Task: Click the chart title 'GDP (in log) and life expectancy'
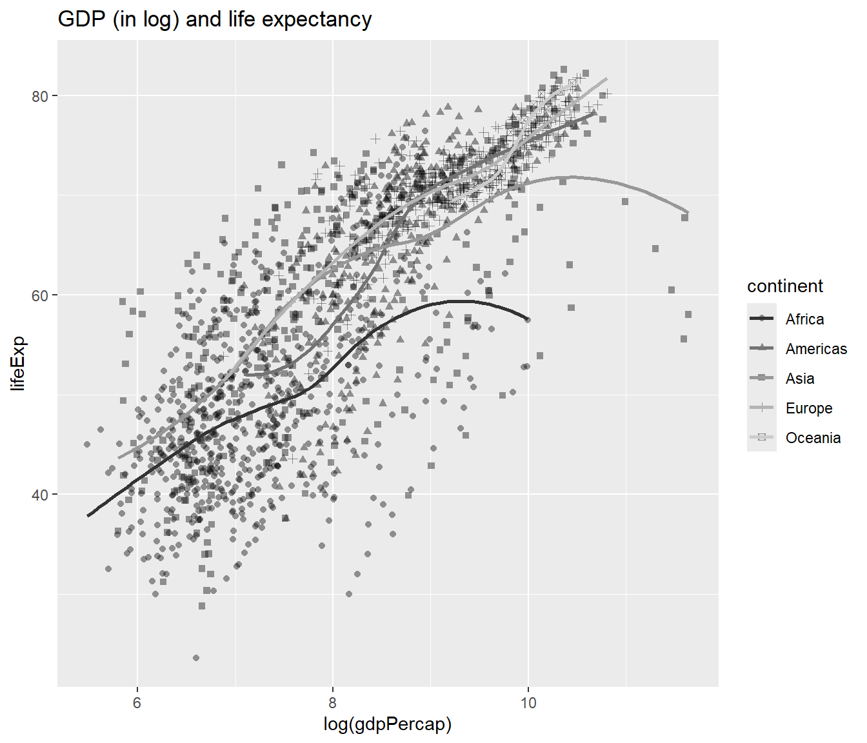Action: click(x=215, y=19)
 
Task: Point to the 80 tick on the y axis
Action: click(x=40, y=96)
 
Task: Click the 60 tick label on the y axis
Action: click(x=40, y=295)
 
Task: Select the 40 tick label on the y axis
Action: click(x=40, y=495)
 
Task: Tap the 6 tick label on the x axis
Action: click(x=137, y=703)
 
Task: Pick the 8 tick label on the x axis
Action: click(x=333, y=703)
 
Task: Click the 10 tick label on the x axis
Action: click(x=528, y=703)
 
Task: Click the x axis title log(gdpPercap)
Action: click(x=387, y=724)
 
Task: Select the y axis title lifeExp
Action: click(x=18, y=363)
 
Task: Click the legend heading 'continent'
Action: click(x=784, y=286)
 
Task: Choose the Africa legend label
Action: click(x=804, y=319)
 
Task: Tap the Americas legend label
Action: click(x=816, y=349)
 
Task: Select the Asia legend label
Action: click(x=800, y=379)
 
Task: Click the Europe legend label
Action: click(x=809, y=408)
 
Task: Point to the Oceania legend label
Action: click(x=813, y=438)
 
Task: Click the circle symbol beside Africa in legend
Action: click(x=762, y=319)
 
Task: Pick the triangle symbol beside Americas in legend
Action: click(x=762, y=348)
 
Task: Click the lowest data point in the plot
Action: click(x=196, y=658)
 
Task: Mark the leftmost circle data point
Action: click(x=87, y=444)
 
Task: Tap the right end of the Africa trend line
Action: click(x=528, y=320)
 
